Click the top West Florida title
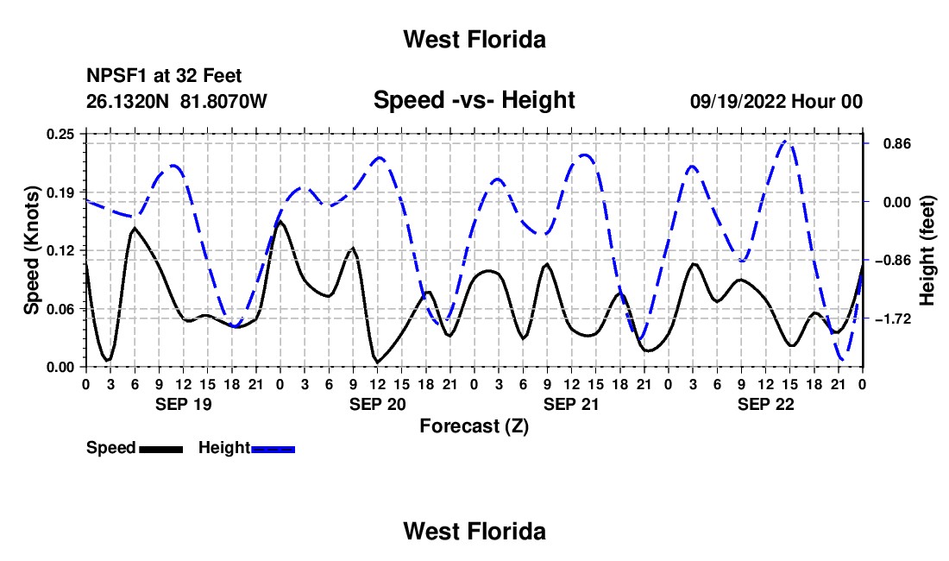tap(474, 40)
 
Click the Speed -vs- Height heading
tap(474, 100)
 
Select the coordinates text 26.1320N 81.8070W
tap(176, 101)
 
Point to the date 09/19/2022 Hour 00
tap(776, 101)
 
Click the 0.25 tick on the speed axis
tap(60, 134)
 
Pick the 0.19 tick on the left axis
tap(60, 192)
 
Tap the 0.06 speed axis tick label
tap(60, 309)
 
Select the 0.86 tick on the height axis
tap(897, 144)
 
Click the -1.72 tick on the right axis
tap(893, 319)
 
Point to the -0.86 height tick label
tap(893, 261)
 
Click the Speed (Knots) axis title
tap(31, 250)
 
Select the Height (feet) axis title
tap(927, 250)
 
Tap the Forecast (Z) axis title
tap(474, 426)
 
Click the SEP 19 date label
tap(184, 404)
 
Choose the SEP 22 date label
tap(765, 404)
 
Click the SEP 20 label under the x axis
tap(377, 404)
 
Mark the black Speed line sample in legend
tap(161, 449)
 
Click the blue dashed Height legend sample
tap(273, 449)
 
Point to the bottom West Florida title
tap(474, 532)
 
